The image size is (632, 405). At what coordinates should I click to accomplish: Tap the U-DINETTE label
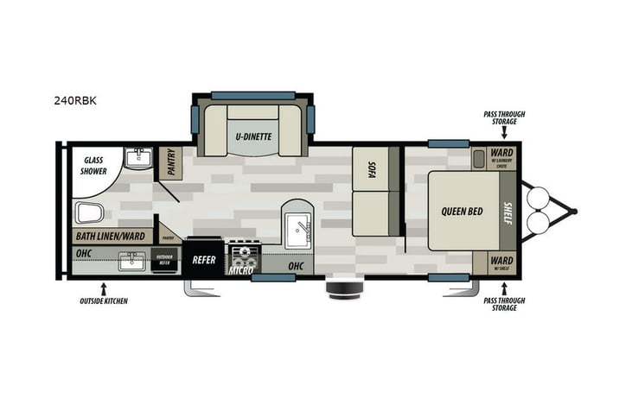[252, 136]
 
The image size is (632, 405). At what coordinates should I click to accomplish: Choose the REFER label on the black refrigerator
[204, 260]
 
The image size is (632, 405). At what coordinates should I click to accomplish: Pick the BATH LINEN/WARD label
[110, 236]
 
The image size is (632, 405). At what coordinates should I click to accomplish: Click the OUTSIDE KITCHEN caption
[103, 301]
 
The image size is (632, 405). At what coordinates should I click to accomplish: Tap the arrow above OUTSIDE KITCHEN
[104, 287]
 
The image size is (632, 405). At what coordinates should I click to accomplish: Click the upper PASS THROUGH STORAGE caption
[504, 117]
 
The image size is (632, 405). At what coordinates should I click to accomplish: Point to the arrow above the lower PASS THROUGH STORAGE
[504, 288]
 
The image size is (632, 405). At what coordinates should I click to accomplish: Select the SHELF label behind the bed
[508, 212]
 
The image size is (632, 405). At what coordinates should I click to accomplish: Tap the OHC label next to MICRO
[296, 266]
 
